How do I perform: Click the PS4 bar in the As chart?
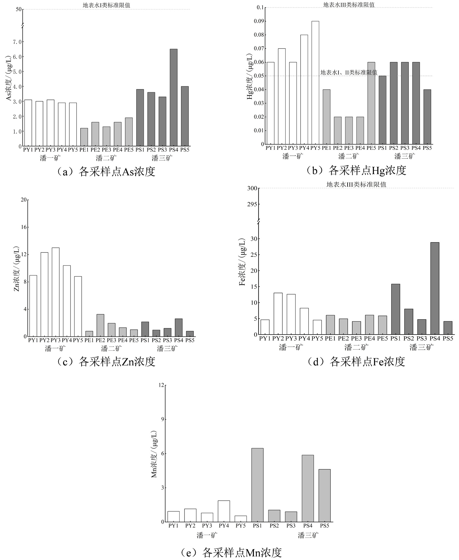point(174,98)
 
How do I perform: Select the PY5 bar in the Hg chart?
point(315,83)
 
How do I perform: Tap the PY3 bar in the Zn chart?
point(56,292)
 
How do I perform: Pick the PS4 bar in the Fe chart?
point(435,288)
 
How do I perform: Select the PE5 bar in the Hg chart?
point(371,103)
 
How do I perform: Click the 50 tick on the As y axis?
point(19,9)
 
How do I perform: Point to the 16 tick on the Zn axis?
point(24,227)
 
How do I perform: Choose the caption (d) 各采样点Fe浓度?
point(356,361)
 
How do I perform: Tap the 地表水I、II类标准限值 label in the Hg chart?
point(349,73)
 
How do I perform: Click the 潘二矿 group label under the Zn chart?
point(111,349)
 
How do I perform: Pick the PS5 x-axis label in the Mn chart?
point(324,526)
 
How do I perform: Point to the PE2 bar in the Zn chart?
point(100,325)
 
